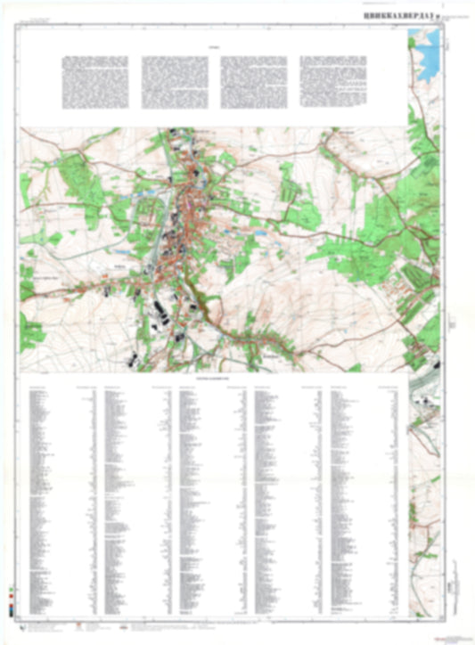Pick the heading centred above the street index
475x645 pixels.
click(212, 379)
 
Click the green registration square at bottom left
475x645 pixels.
click(10, 591)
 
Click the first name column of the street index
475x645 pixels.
click(45, 499)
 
